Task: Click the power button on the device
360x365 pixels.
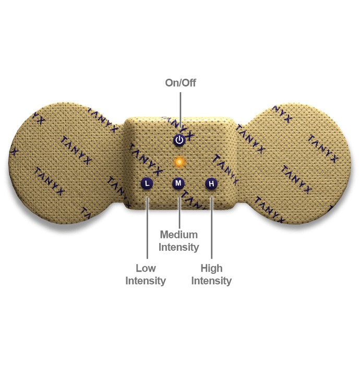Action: tap(179, 140)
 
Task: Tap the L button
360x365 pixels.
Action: tap(147, 184)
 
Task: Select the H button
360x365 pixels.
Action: tap(211, 184)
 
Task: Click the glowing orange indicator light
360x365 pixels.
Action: tap(179, 162)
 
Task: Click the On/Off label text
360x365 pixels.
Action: tap(181, 82)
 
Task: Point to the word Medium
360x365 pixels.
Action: tap(179, 235)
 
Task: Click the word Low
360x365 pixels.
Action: tap(146, 268)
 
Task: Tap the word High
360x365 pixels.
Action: tap(211, 268)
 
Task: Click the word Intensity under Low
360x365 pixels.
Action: tap(146, 281)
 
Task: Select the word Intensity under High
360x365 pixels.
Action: tap(211, 281)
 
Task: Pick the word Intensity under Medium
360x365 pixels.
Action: tap(178, 247)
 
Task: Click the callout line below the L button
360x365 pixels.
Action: tap(147, 228)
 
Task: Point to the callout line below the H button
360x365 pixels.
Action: tap(211, 228)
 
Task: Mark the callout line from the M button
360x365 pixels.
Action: tap(179, 213)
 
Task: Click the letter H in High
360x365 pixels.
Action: tap(204, 268)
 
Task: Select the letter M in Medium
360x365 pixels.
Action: tap(164, 235)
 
